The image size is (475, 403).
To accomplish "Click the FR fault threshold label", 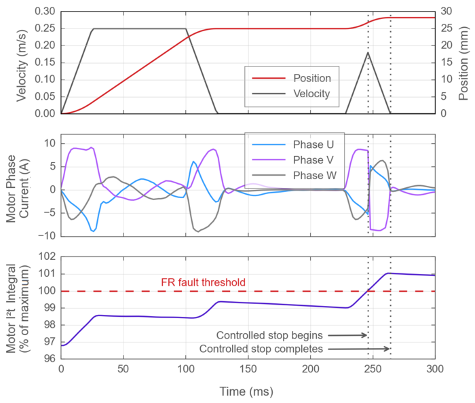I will pos(202,282).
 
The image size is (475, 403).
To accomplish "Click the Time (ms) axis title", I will pos(248,391).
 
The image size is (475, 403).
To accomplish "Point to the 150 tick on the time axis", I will pos(248,369).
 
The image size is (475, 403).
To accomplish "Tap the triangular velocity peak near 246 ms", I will pos(368,52).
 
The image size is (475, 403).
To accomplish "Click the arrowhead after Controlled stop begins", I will pos(366,335).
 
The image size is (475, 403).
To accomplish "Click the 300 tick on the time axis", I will pos(435,369).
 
